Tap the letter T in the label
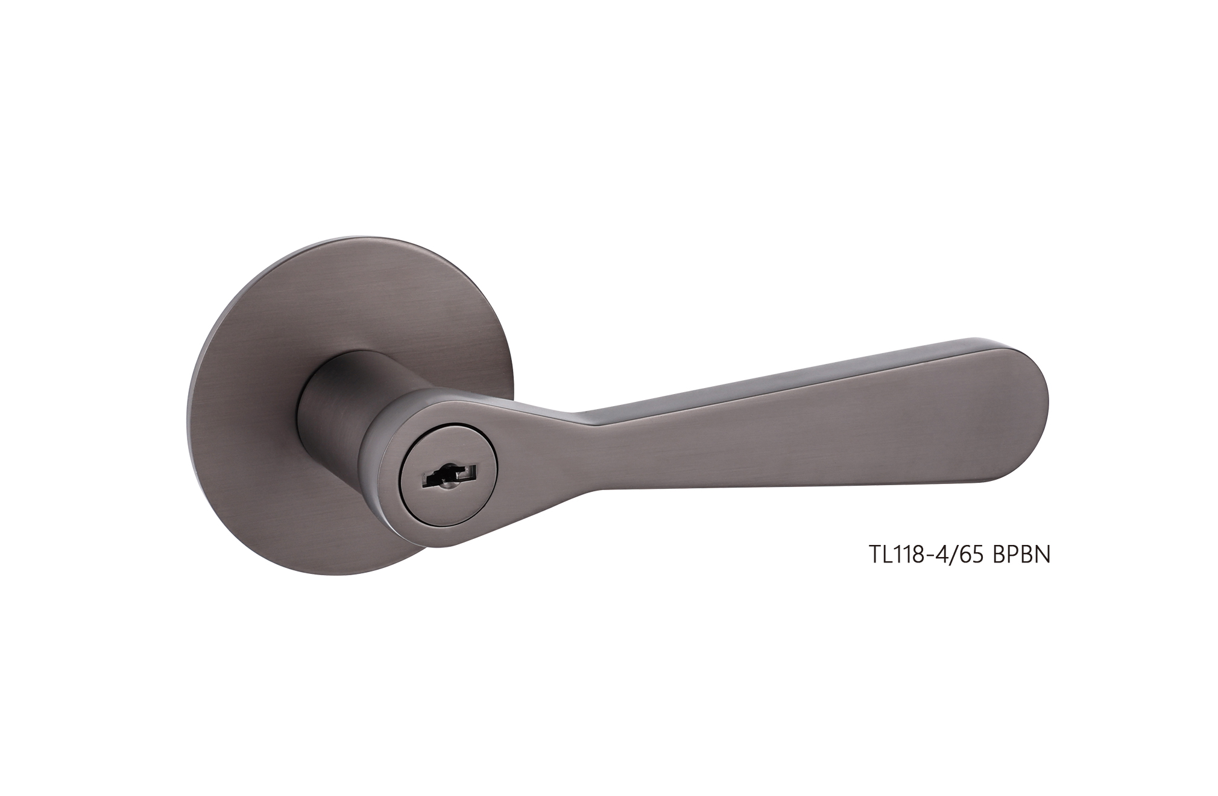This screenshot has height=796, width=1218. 875,555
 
